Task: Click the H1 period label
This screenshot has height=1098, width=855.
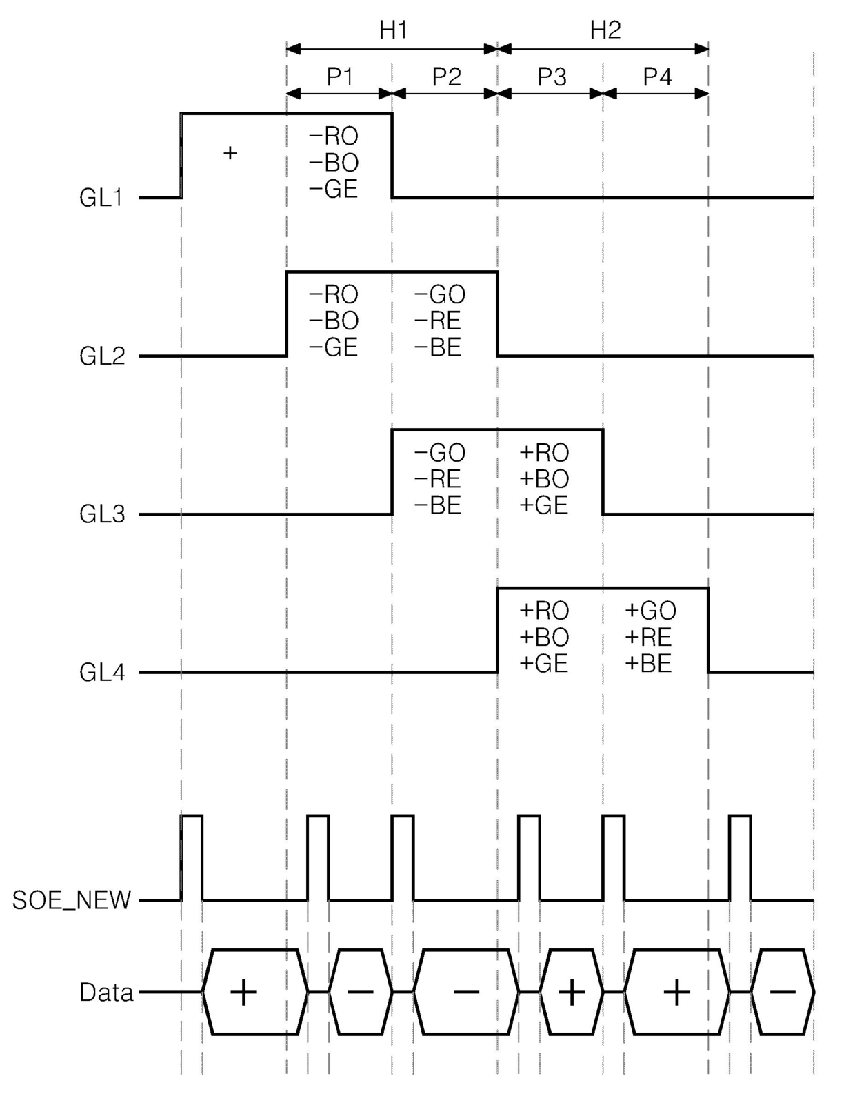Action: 393,30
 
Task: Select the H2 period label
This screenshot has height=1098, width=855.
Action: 605,30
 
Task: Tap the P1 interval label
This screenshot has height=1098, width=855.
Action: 340,77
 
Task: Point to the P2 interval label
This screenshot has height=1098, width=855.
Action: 446,77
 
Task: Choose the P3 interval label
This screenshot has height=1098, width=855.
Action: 552,77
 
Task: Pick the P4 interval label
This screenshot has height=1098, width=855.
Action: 657,77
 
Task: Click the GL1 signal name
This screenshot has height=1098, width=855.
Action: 101,199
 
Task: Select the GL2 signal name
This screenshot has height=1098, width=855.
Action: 101,356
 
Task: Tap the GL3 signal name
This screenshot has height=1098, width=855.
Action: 101,514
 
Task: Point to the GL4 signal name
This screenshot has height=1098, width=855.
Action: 101,673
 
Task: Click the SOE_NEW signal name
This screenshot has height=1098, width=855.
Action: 72,900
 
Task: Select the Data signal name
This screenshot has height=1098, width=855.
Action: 106,993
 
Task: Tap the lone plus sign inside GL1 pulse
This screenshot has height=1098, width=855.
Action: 230,152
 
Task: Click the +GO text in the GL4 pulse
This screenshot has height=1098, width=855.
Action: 650,611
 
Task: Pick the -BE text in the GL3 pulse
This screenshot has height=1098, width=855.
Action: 438,505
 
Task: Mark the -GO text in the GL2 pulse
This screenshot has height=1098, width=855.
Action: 440,295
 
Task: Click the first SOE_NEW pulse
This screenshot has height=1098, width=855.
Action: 192,857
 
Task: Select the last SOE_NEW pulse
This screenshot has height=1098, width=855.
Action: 740,857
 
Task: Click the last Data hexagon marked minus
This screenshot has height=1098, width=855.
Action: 782,993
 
